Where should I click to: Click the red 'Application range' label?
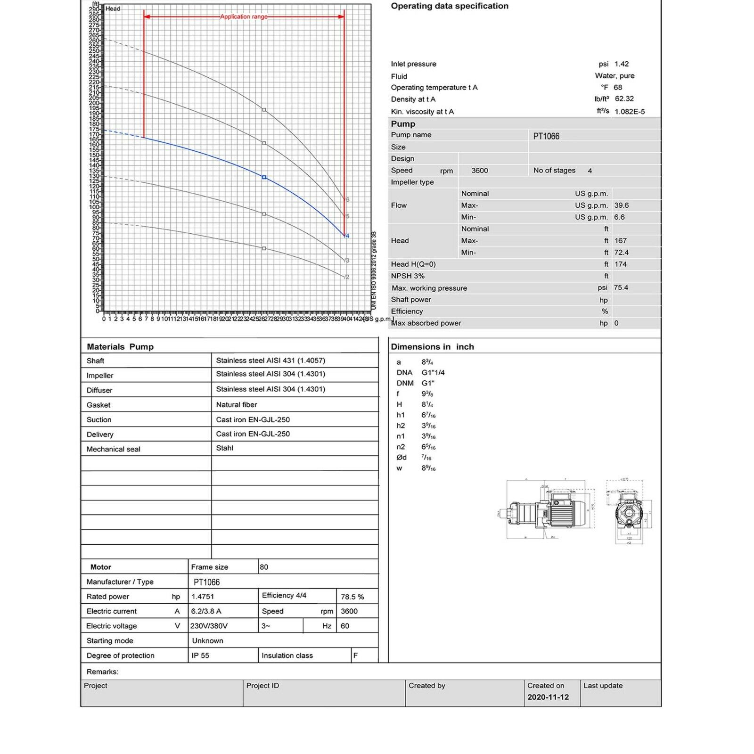point(244,16)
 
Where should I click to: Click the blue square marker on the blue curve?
point(264,177)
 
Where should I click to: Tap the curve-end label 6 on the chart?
point(348,200)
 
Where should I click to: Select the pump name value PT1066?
point(546,136)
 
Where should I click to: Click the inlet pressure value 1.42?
point(622,64)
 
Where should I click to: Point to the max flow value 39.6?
point(622,205)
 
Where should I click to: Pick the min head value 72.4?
point(622,253)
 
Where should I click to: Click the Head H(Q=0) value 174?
point(621,264)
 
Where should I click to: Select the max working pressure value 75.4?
point(621,287)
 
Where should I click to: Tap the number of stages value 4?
point(590,171)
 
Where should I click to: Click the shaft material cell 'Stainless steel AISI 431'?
point(270,361)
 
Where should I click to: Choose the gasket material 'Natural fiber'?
point(237,405)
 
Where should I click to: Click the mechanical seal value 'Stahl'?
point(225,448)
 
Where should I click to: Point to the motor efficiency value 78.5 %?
point(352,597)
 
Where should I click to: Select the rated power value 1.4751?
point(203,597)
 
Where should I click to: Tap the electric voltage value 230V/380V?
point(209,626)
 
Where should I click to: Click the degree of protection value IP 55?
point(200,656)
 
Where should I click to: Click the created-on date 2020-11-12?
point(548,697)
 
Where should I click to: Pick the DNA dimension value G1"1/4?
point(433,373)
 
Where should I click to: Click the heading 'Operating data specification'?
point(450,6)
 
